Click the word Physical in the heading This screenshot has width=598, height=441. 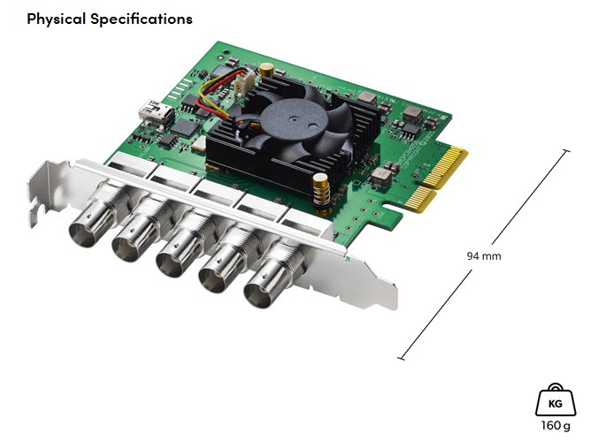pos(56,19)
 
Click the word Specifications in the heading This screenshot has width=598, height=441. pos(142,19)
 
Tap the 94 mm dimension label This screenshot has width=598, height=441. pos(484,255)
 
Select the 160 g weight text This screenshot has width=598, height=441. pos(556,425)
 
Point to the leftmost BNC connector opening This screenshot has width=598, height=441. pos(82,235)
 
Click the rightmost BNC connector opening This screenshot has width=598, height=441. pos(258,294)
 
